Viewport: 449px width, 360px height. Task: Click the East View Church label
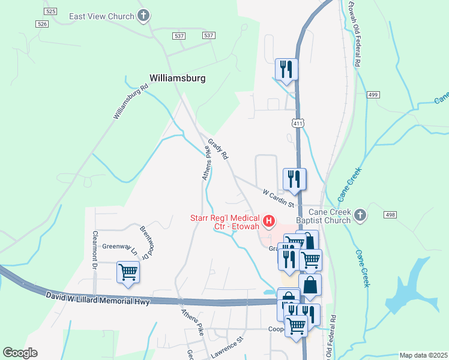101,16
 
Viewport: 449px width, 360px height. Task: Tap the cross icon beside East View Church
143,16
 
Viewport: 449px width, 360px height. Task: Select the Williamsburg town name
177,78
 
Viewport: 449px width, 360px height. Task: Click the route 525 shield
50,11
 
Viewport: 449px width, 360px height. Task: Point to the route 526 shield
41,23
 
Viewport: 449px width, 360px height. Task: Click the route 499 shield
373,95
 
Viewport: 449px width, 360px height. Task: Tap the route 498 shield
390,215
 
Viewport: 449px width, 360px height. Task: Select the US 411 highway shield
297,123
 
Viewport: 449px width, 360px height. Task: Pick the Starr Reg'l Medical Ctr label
225,222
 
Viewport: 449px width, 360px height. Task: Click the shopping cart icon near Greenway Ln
128,272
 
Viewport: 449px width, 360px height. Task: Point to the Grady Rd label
218,149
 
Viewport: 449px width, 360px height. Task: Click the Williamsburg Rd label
131,101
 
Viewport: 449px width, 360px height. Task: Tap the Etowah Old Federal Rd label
355,33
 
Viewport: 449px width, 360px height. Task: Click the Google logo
20,352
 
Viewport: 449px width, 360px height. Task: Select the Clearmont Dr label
95,250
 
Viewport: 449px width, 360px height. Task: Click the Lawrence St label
226,348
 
